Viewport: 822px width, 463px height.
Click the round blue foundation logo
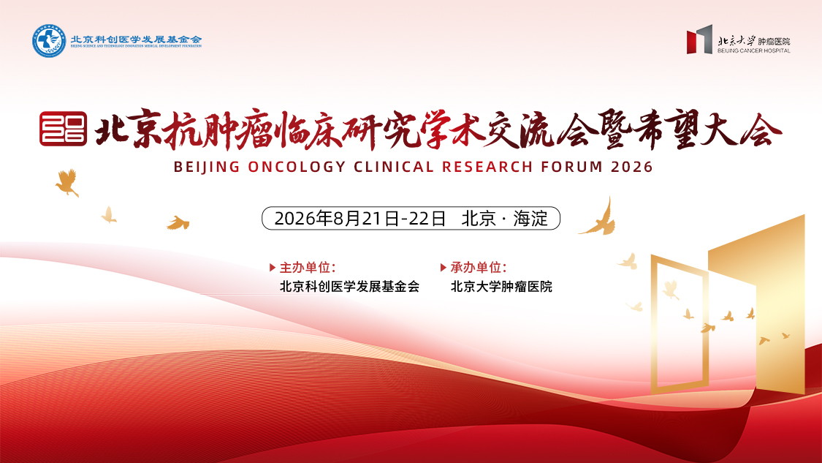point(49,41)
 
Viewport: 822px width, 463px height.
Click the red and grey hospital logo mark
point(699,39)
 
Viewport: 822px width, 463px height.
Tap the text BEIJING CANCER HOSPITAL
point(754,51)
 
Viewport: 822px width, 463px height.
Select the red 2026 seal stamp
point(64,129)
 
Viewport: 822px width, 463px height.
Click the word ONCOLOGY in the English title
point(297,167)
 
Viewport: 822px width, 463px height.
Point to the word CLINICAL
point(394,167)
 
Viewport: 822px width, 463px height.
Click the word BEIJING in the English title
point(207,167)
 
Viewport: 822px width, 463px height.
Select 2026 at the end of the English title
point(632,167)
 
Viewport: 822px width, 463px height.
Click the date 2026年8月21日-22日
point(360,219)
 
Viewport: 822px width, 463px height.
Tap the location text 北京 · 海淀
point(504,219)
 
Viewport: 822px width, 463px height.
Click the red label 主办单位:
point(308,268)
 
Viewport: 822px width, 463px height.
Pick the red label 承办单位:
point(479,268)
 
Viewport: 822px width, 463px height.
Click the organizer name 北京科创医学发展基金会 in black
point(350,287)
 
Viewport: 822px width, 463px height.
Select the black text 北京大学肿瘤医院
point(501,287)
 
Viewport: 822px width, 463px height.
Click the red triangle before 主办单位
point(272,268)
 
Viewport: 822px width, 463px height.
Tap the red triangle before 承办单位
point(443,268)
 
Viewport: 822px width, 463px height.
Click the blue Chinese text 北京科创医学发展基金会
point(137,39)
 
